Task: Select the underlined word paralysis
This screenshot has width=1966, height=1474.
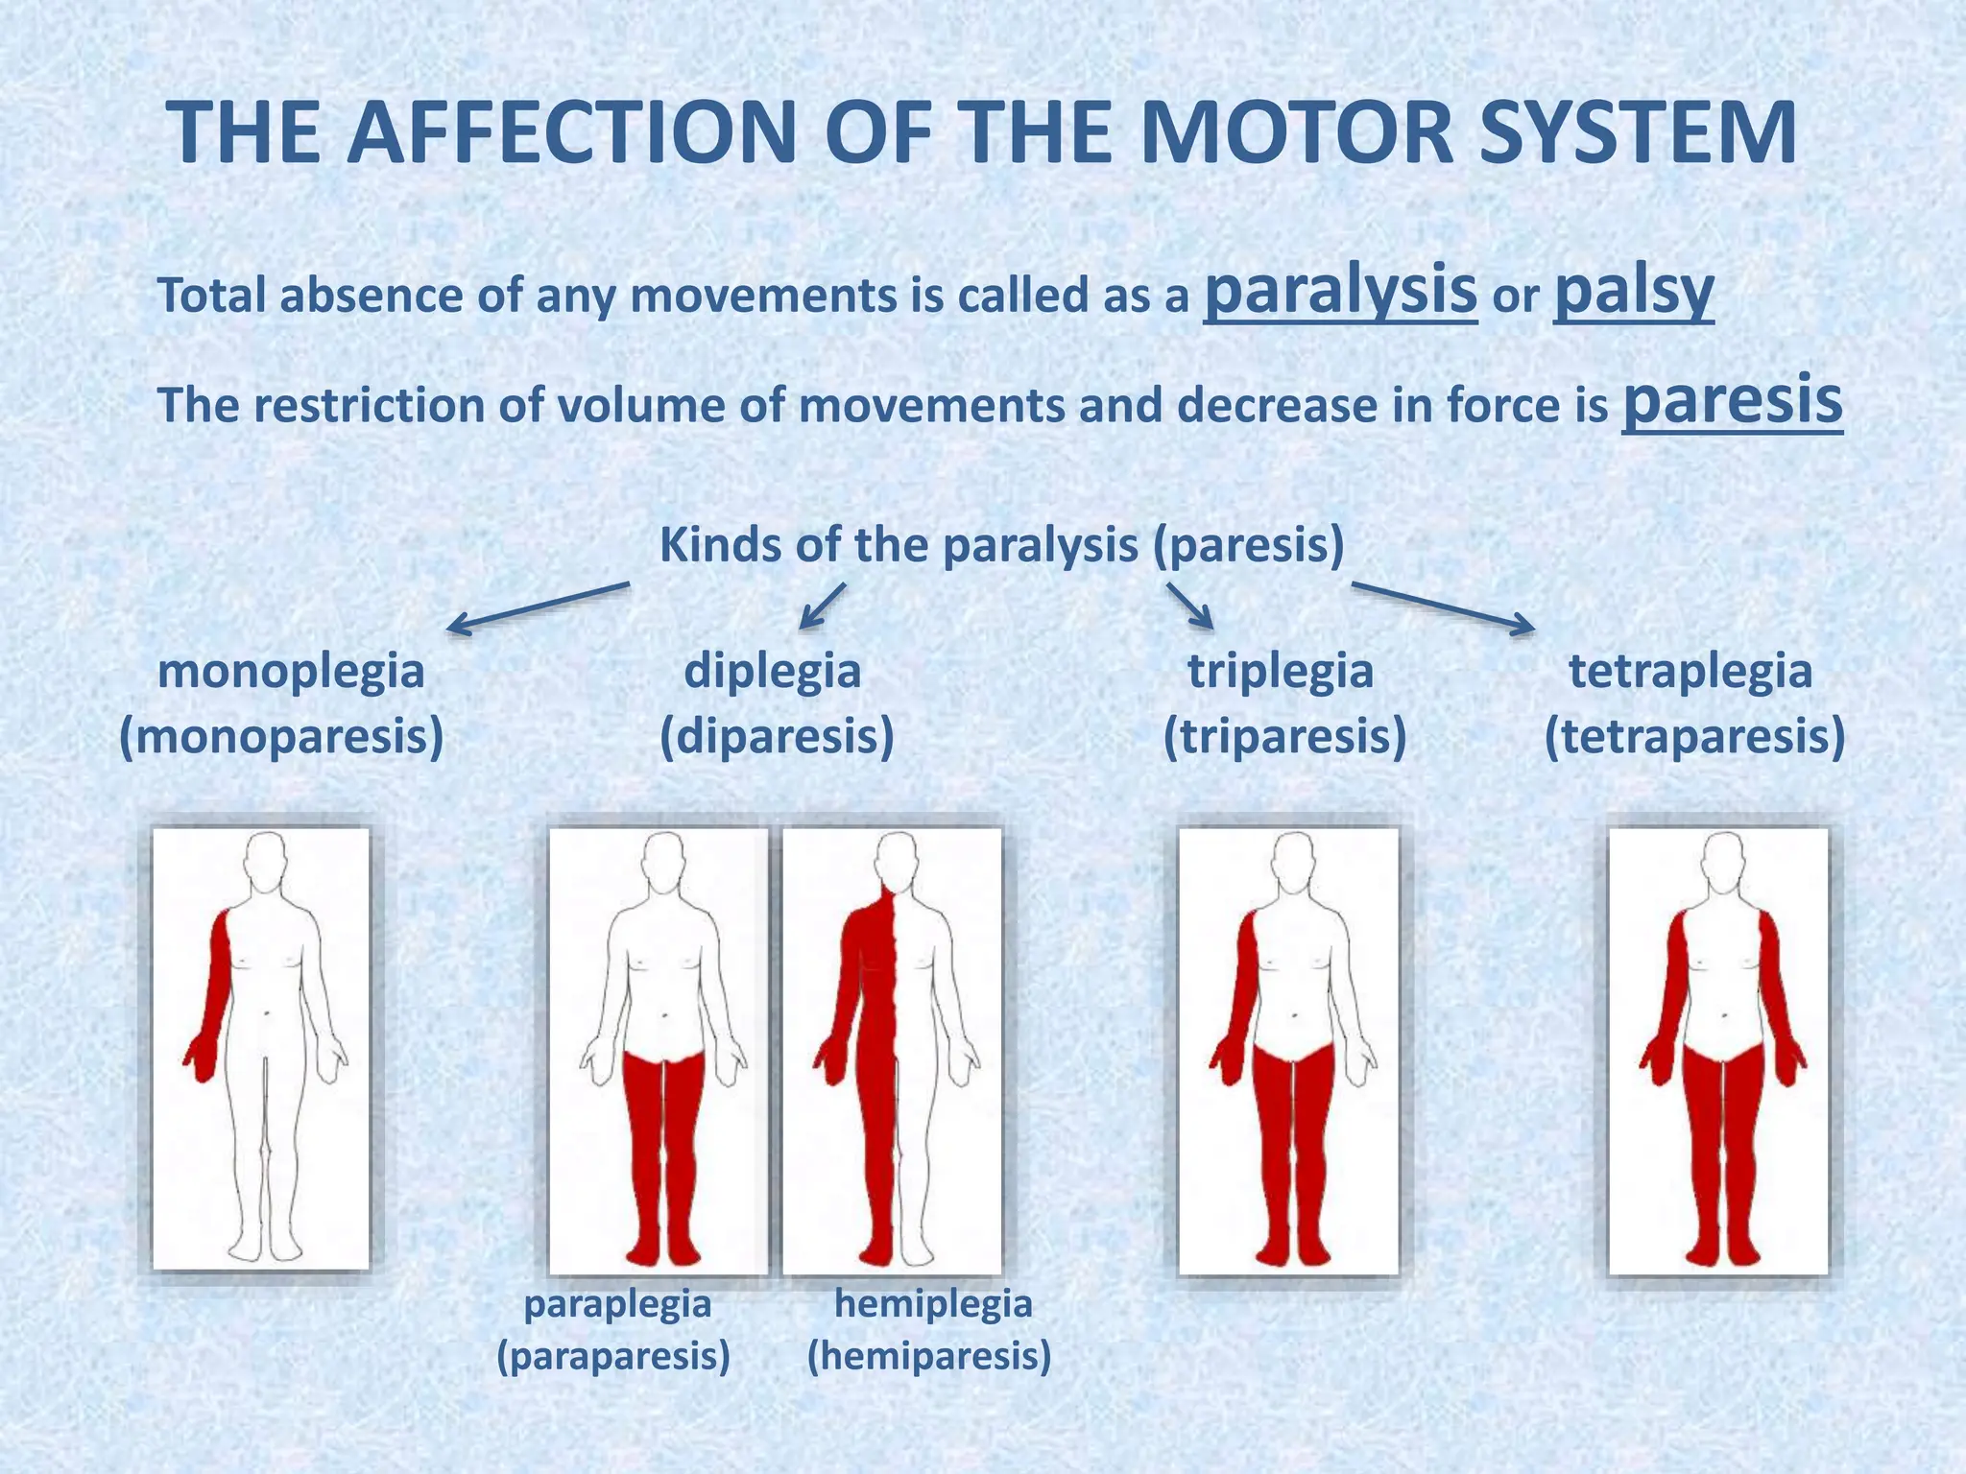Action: [1340, 290]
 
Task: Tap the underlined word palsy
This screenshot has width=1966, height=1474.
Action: [1633, 290]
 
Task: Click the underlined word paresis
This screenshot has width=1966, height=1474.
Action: [1732, 401]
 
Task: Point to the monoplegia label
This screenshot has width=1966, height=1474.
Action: [291, 671]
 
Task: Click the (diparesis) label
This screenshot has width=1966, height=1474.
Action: [777, 737]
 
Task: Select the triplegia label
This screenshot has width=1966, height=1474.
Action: [1281, 671]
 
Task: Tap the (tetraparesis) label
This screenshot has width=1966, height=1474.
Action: [1694, 737]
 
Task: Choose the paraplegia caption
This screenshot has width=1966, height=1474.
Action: [617, 1304]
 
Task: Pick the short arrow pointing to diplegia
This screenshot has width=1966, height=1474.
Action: [824, 606]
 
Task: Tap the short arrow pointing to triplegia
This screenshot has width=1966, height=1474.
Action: [1190, 606]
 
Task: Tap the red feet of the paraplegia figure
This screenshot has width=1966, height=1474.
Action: [662, 1252]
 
